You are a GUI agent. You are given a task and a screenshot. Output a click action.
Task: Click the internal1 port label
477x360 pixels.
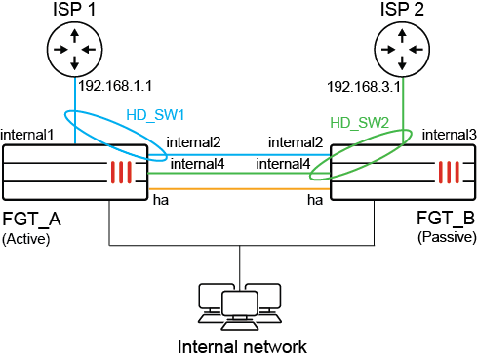click(28, 132)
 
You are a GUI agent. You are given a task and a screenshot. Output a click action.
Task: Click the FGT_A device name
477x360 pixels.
click(31, 217)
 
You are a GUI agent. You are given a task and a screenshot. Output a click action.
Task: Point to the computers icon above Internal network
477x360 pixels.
click(240, 302)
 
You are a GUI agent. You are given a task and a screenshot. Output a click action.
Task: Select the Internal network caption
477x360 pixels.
click(241, 346)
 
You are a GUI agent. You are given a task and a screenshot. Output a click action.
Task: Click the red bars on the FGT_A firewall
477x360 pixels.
click(119, 173)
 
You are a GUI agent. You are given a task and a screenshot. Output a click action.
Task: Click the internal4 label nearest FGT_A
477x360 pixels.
click(198, 164)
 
